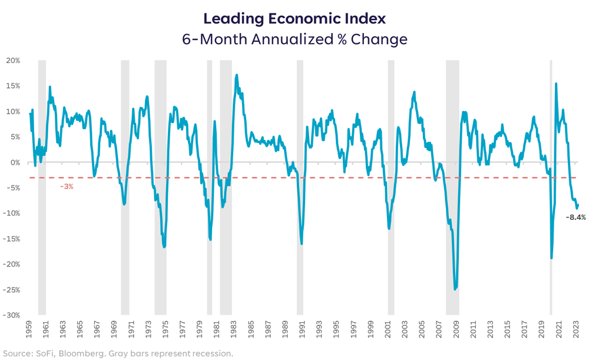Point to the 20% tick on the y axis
(x=13, y=61)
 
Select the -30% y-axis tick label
(x=12, y=315)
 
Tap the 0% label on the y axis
(x=15, y=163)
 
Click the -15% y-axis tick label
(x=12, y=239)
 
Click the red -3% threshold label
(x=67, y=187)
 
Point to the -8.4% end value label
(x=575, y=217)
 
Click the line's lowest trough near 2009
(x=455, y=289)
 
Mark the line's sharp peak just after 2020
(x=556, y=84)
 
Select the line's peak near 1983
(x=237, y=75)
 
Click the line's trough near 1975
(x=164, y=246)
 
